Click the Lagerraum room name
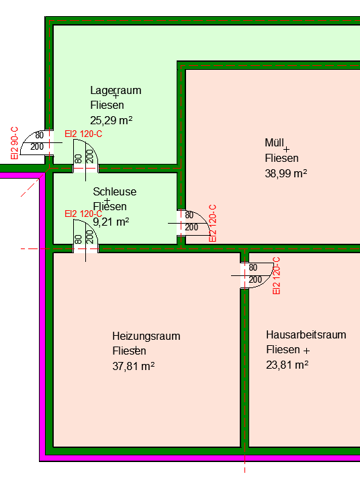[116, 91]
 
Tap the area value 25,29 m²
[111, 121]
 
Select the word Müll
[274, 143]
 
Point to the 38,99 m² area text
[285, 173]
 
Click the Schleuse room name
[115, 191]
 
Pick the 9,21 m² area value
[111, 222]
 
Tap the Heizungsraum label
[146, 336]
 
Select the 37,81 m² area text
[133, 366]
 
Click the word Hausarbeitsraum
[306, 334]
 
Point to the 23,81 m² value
[287, 365]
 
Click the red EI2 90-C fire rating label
[14, 143]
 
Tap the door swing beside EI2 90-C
[36, 143]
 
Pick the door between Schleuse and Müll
[193, 223]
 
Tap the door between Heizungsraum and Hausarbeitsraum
[255, 275]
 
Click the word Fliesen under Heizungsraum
[129, 351]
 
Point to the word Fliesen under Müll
[281, 158]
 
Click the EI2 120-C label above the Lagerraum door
[83, 134]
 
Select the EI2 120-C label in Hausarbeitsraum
[276, 275]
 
